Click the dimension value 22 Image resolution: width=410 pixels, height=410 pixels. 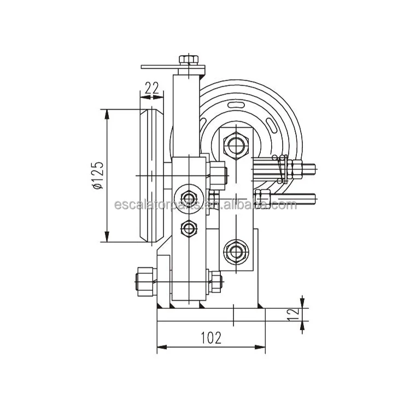pos(153,87)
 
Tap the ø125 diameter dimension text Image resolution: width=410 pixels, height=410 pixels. pos(97,175)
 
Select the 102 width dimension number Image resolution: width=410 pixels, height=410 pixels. pos(211,338)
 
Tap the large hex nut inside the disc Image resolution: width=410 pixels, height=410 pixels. pos(236,145)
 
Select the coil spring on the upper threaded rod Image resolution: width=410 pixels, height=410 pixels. pos(282,165)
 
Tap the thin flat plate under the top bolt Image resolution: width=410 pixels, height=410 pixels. pos(172,67)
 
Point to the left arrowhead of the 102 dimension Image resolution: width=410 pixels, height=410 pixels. pos(160,347)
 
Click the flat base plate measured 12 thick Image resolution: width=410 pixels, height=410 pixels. pos(210,315)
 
